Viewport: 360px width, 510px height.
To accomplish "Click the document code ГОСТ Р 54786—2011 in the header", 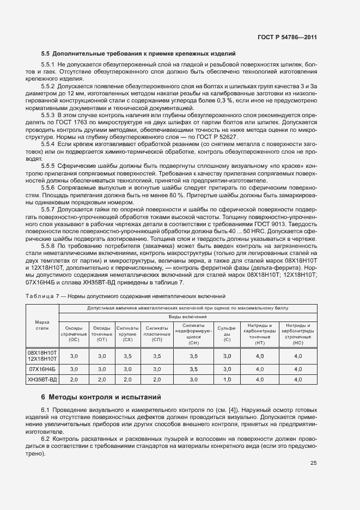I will point(287,37).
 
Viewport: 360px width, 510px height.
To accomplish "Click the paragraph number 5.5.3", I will point(48,116).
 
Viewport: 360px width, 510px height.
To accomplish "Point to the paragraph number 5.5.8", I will point(48,246).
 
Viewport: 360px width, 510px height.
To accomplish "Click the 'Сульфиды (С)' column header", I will point(227,332).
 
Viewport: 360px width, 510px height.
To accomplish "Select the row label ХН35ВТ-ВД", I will point(42,379).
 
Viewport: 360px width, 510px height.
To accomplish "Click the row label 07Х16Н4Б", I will point(42,369).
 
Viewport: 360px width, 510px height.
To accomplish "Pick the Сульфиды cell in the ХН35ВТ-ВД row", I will point(227,379).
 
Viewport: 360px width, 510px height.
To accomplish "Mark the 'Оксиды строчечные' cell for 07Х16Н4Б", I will point(75,369).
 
